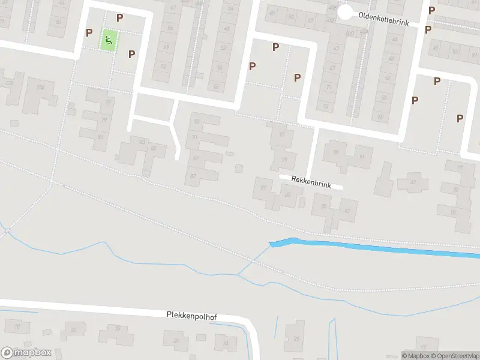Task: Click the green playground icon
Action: pos(109,40)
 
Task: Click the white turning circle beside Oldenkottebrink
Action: pos(344,12)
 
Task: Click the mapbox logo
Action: pos(25,353)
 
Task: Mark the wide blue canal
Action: pos(372,247)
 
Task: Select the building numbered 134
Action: pos(41,88)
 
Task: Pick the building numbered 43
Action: pos(412,182)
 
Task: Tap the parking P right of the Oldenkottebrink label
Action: pos(431,10)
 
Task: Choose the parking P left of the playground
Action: pos(89,32)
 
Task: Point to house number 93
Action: pos(195,137)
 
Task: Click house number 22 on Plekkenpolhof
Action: pos(118,328)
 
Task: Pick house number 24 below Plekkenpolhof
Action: pos(176,341)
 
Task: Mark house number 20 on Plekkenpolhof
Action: pos(74,330)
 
